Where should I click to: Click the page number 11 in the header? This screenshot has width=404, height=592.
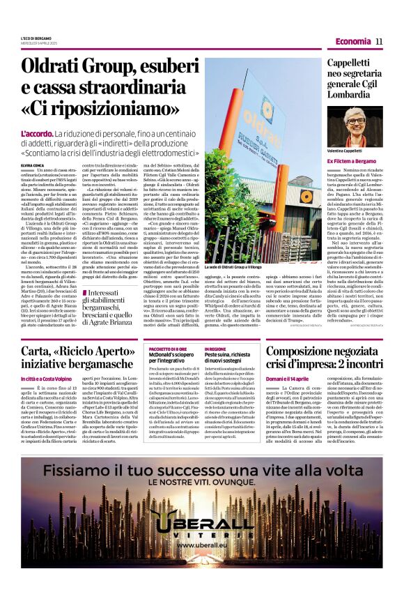coord(379,41)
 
